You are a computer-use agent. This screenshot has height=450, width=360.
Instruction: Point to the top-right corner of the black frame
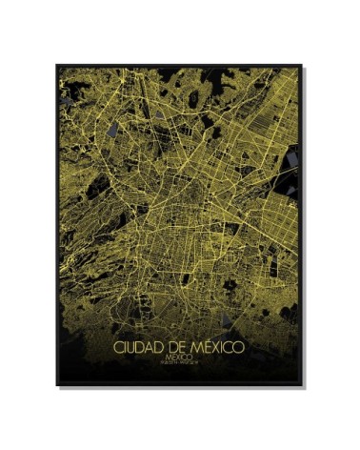click(x=302, y=66)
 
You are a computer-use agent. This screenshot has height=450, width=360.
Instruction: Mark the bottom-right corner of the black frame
click(x=302, y=386)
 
